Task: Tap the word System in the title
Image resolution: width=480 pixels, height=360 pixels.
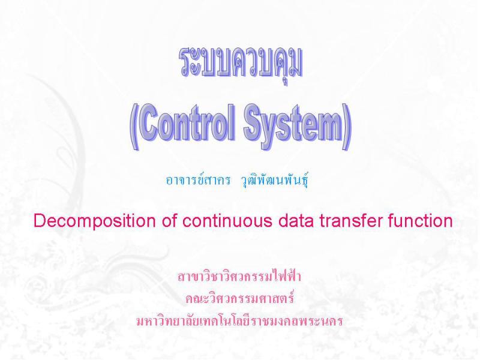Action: pyautogui.click(x=293, y=125)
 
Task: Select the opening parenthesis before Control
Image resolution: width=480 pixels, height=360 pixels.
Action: pyautogui.click(x=134, y=127)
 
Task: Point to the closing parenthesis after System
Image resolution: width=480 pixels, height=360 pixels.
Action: pyautogui.click(x=347, y=127)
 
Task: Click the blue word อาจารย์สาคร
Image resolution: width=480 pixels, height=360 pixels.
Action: pyautogui.click(x=198, y=180)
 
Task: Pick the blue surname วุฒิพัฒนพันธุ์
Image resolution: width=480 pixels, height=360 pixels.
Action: pyautogui.click(x=275, y=181)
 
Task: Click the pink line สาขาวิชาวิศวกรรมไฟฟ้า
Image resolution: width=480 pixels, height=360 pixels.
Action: pyautogui.click(x=239, y=276)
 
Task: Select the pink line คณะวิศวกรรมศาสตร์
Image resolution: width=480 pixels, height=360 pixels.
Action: pyautogui.click(x=239, y=298)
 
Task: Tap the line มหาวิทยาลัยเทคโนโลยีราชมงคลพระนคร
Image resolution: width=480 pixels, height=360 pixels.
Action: pyautogui.click(x=239, y=321)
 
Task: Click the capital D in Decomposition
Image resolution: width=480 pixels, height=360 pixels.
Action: pyautogui.click(x=40, y=220)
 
